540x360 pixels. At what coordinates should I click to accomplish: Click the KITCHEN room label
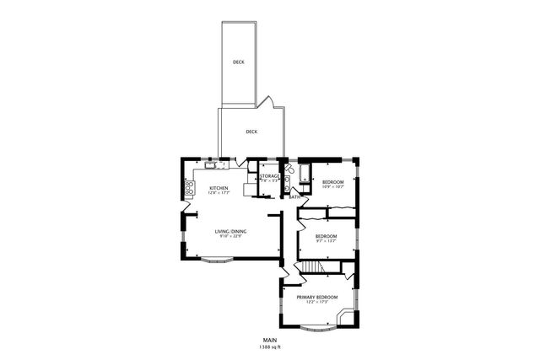tap(219, 188)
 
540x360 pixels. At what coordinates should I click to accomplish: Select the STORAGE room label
tap(269, 176)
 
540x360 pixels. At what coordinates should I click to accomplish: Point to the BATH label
tap(294, 197)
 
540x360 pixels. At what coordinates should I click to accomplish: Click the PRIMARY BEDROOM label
tap(316, 297)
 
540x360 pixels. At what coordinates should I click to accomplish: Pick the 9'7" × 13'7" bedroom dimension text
tap(326, 241)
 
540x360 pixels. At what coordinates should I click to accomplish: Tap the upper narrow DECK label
tap(240, 62)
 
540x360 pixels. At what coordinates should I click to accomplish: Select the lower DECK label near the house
tap(251, 132)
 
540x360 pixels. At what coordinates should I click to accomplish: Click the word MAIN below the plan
tap(269, 340)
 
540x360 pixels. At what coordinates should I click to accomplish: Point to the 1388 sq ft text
tap(269, 347)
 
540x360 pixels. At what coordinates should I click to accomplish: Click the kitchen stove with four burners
tap(189, 187)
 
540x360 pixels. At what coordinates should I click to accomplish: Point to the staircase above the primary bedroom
tap(313, 267)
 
